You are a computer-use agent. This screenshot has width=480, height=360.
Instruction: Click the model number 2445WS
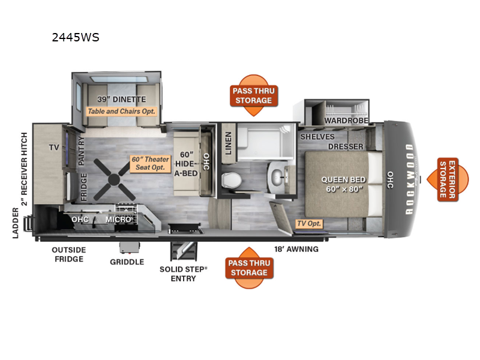(x=76, y=37)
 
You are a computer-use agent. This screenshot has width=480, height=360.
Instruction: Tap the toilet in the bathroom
(x=232, y=180)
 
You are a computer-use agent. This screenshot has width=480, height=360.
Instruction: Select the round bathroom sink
(x=278, y=176)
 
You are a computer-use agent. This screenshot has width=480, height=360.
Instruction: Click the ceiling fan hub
(x=114, y=179)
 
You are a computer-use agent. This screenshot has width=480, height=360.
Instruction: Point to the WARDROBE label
(x=346, y=121)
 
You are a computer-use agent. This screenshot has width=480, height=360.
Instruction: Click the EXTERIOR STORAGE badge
(x=448, y=179)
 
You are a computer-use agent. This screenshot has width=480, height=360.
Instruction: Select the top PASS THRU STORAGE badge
(x=254, y=95)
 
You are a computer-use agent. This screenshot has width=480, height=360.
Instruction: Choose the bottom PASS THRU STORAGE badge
(x=249, y=268)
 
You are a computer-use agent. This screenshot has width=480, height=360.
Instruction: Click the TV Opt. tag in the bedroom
(x=309, y=223)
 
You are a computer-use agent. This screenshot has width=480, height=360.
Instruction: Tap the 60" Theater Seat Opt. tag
(x=151, y=163)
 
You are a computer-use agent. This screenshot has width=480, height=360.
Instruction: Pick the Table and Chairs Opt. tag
(x=122, y=112)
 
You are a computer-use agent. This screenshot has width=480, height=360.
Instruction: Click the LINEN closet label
(x=229, y=143)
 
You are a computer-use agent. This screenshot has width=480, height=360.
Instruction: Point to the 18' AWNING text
(x=296, y=249)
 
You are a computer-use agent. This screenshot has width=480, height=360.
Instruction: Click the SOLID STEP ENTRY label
(x=184, y=274)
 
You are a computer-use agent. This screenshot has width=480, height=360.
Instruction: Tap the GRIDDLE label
(x=127, y=262)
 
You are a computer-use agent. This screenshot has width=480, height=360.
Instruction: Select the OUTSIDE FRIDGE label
(x=69, y=254)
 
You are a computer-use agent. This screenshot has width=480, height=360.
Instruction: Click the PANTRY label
(x=81, y=151)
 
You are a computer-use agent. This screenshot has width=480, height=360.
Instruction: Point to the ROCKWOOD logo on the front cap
(x=410, y=179)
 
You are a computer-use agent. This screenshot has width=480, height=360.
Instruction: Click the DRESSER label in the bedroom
(x=346, y=146)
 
